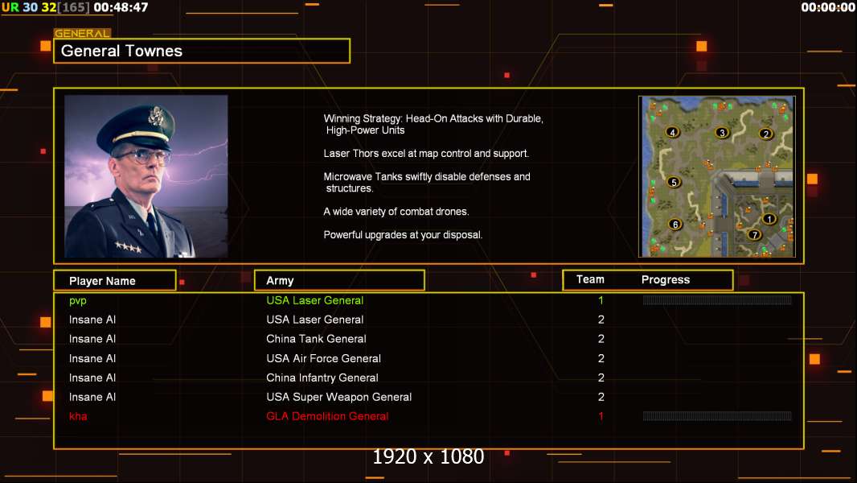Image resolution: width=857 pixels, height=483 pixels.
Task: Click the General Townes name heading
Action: [122, 51]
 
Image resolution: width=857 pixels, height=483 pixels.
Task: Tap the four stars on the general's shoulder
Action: [127, 247]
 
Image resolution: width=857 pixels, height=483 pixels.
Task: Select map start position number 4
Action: [672, 132]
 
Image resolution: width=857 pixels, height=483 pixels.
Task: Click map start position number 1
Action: [769, 218]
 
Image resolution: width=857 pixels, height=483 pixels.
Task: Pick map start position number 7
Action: [754, 235]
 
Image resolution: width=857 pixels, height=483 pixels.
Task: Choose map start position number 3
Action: [722, 133]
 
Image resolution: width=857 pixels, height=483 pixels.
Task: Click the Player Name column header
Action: [102, 281]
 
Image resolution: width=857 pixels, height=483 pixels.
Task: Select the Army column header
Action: [280, 281]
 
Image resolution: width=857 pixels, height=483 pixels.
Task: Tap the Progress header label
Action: [665, 280]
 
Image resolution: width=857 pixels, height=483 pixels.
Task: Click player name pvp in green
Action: [77, 300]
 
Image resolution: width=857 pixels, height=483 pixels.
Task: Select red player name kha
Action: [78, 416]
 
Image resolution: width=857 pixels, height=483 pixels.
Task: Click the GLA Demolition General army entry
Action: [327, 416]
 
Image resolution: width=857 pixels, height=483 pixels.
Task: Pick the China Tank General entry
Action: [316, 339]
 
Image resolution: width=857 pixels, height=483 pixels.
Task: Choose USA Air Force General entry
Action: [323, 358]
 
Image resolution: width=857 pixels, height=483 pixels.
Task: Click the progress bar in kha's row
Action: [717, 416]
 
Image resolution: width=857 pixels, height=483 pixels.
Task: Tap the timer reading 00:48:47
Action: [121, 7]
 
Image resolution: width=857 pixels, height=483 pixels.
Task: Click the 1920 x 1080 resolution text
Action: [428, 457]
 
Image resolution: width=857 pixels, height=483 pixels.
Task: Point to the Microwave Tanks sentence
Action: [426, 182]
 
